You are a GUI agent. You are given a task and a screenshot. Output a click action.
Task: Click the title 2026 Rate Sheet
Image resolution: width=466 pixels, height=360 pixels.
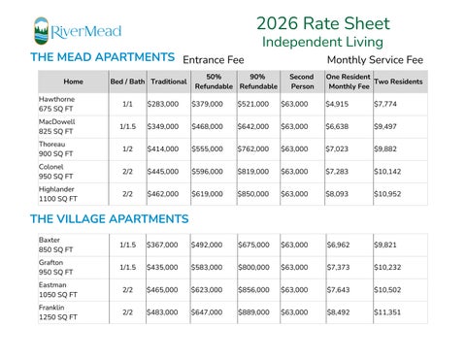tap(322, 23)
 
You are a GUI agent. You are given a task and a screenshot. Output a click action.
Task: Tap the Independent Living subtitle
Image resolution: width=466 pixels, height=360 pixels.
tap(322, 43)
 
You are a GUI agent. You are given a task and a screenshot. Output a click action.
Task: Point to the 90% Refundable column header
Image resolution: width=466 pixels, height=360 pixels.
tap(257, 82)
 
